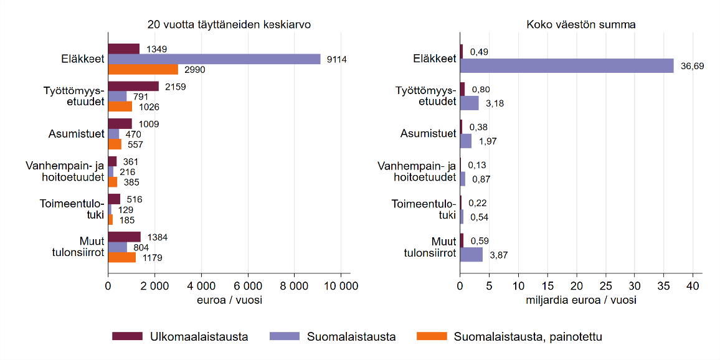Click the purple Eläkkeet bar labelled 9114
(214, 59)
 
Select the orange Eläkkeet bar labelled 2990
(143, 69)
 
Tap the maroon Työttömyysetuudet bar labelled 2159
(133, 86)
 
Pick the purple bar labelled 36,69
(567, 65)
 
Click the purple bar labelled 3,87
(471, 254)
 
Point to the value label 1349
(156, 49)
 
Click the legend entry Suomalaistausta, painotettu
(528, 337)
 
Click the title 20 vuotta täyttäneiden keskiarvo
(229, 25)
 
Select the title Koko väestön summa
(580, 25)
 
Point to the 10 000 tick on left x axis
(341, 287)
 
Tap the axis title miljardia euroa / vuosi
(580, 300)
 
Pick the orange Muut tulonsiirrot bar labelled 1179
(122, 257)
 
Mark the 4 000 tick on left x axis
(201, 287)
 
